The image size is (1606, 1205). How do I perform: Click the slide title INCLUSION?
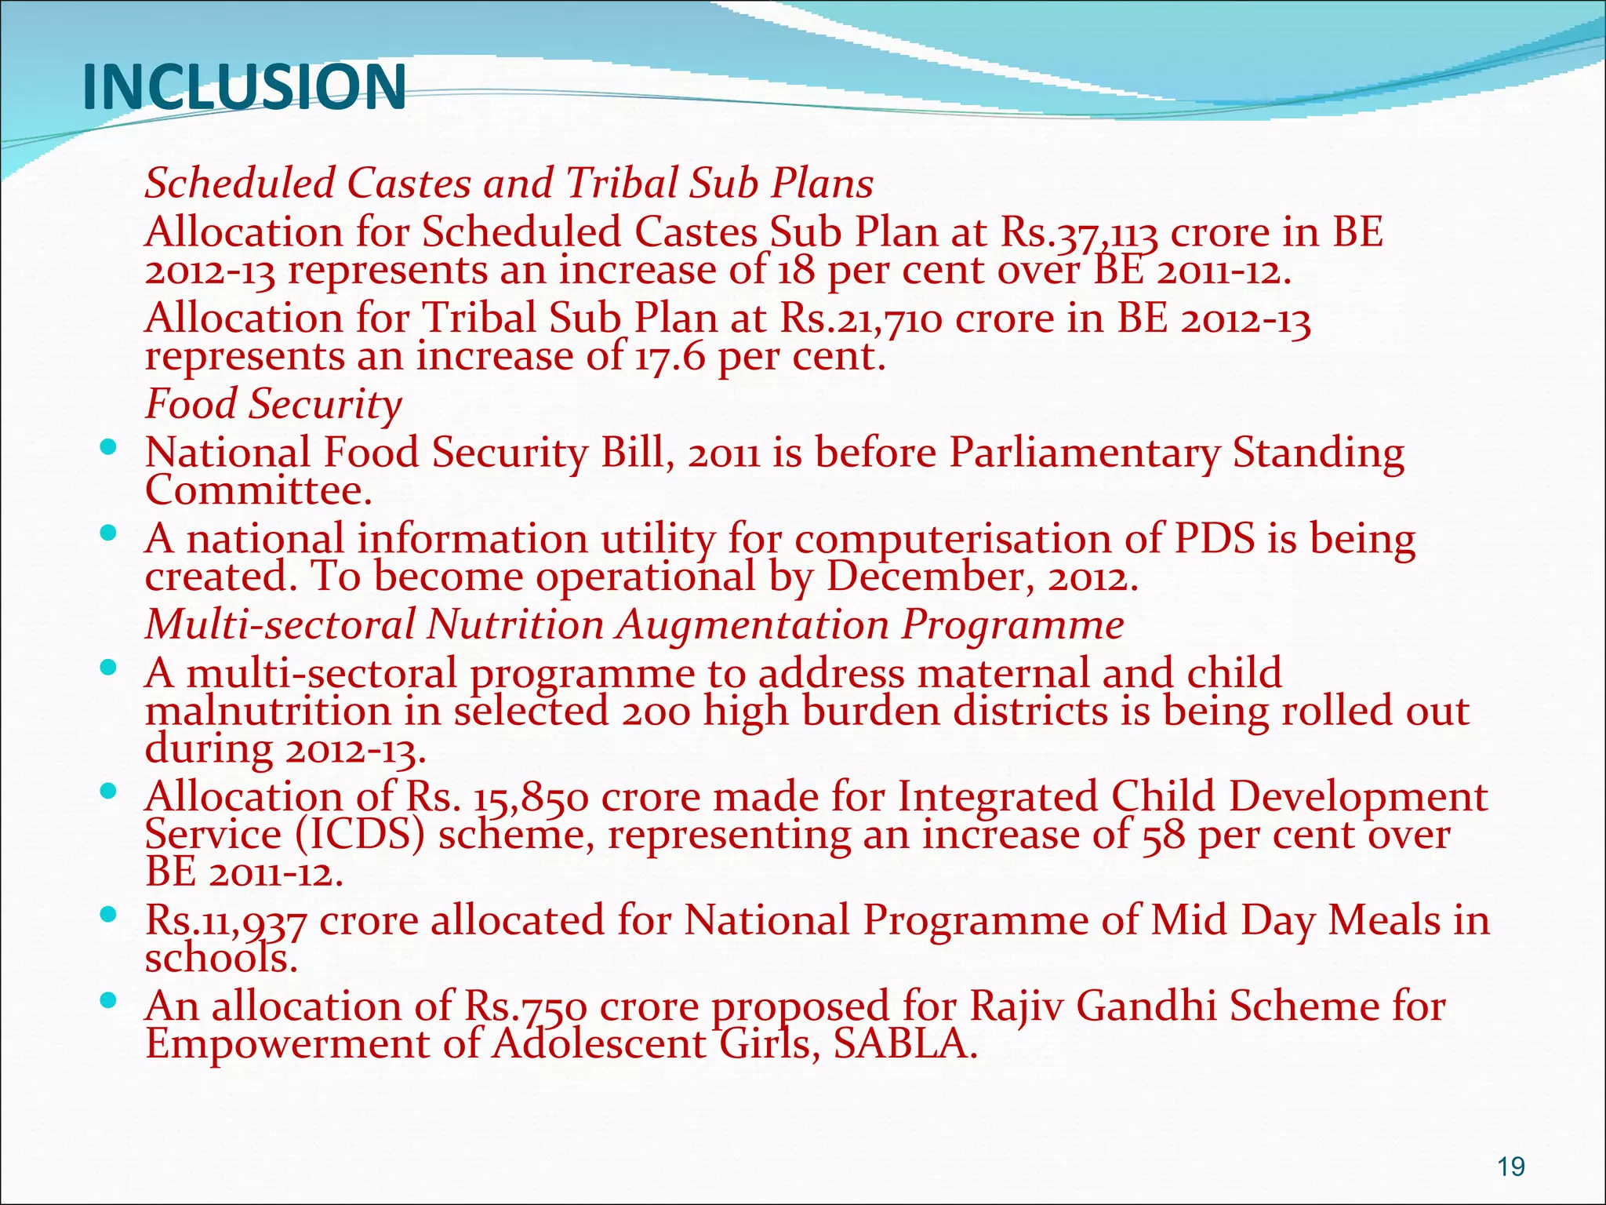[244, 87]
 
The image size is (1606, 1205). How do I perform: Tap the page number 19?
[1510, 1167]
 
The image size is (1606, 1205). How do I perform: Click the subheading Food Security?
[273, 405]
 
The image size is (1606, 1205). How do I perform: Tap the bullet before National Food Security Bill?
[109, 448]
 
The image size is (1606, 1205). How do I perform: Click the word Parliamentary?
[1085, 454]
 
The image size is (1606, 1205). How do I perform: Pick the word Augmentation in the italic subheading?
[751, 625]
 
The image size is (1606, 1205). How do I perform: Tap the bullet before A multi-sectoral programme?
[109, 668]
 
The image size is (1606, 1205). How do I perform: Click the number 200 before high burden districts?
[656, 712]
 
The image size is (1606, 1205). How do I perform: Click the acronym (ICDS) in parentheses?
[361, 835]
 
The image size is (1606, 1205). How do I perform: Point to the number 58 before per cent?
[1163, 835]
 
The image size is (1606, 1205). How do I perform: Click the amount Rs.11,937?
[226, 921]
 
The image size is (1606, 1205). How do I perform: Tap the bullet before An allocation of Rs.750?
[109, 1000]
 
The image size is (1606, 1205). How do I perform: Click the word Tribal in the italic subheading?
[621, 184]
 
